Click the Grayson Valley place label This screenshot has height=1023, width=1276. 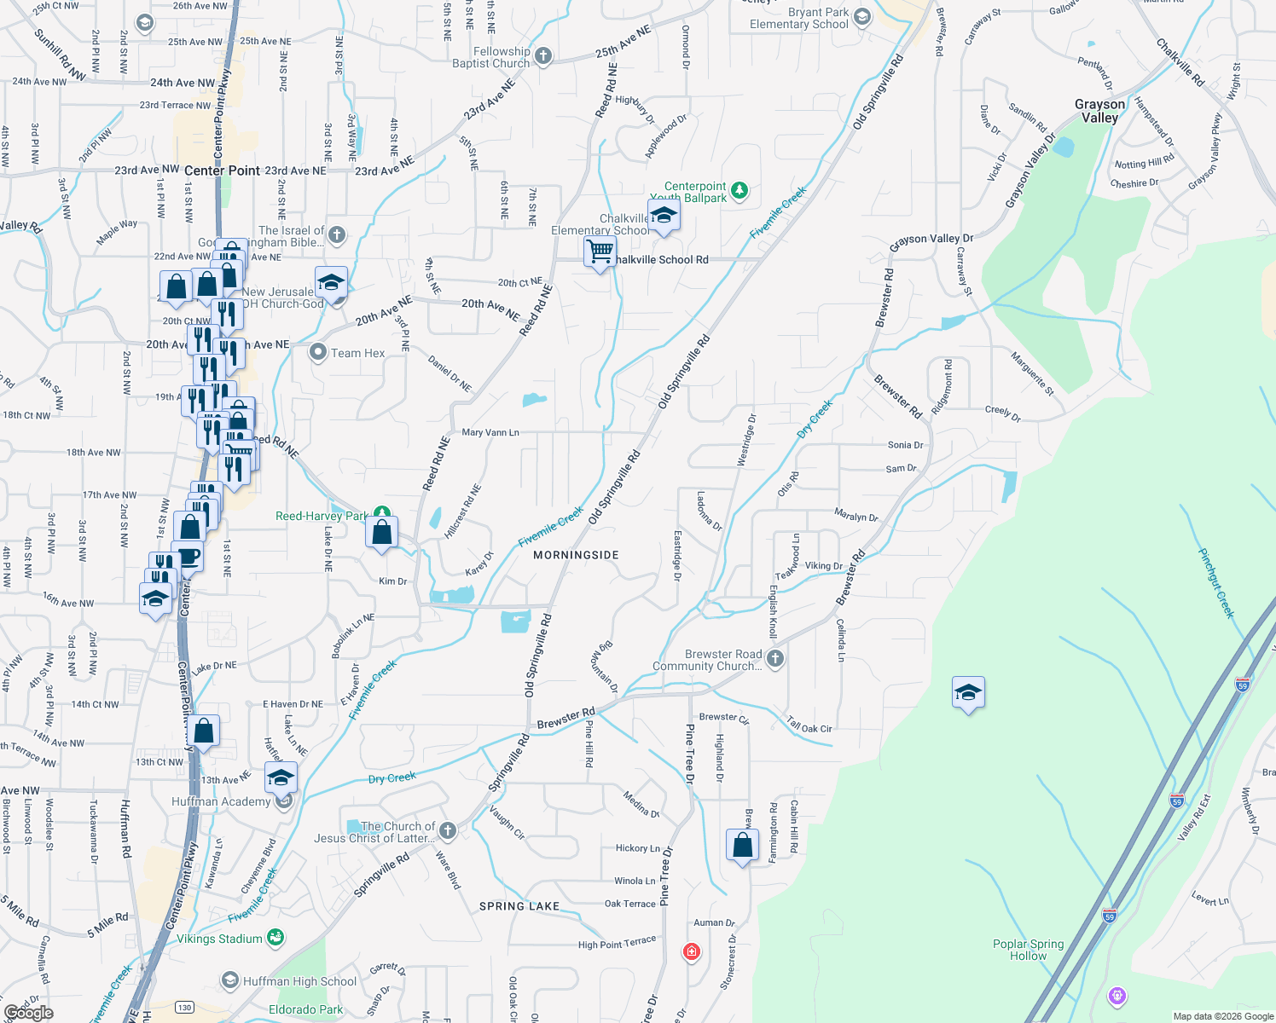(x=1099, y=111)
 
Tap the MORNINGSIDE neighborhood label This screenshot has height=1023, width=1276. (x=576, y=555)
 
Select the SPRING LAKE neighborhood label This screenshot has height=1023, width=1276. (x=519, y=906)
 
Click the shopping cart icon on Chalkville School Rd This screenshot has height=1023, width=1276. (x=600, y=251)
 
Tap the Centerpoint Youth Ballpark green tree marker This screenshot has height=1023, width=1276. (x=739, y=191)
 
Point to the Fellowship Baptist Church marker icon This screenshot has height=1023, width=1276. (x=542, y=56)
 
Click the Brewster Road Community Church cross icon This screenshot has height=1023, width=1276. (x=774, y=658)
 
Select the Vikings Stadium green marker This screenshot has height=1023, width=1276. (x=275, y=938)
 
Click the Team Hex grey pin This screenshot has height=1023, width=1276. (x=318, y=352)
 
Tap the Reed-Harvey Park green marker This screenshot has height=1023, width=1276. (x=382, y=513)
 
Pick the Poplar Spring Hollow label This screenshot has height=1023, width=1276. (x=1028, y=950)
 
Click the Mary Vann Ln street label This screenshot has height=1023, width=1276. (x=490, y=432)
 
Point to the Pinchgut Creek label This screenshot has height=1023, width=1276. (x=1215, y=582)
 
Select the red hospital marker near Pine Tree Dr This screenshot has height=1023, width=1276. (x=691, y=951)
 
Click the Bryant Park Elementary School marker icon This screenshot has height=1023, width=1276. (x=861, y=17)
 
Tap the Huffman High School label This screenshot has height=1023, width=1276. (x=299, y=981)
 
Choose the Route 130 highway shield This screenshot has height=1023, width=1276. (x=185, y=1008)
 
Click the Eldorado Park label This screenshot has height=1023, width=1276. (x=305, y=1009)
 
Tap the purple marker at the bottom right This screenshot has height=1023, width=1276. (x=1116, y=995)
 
